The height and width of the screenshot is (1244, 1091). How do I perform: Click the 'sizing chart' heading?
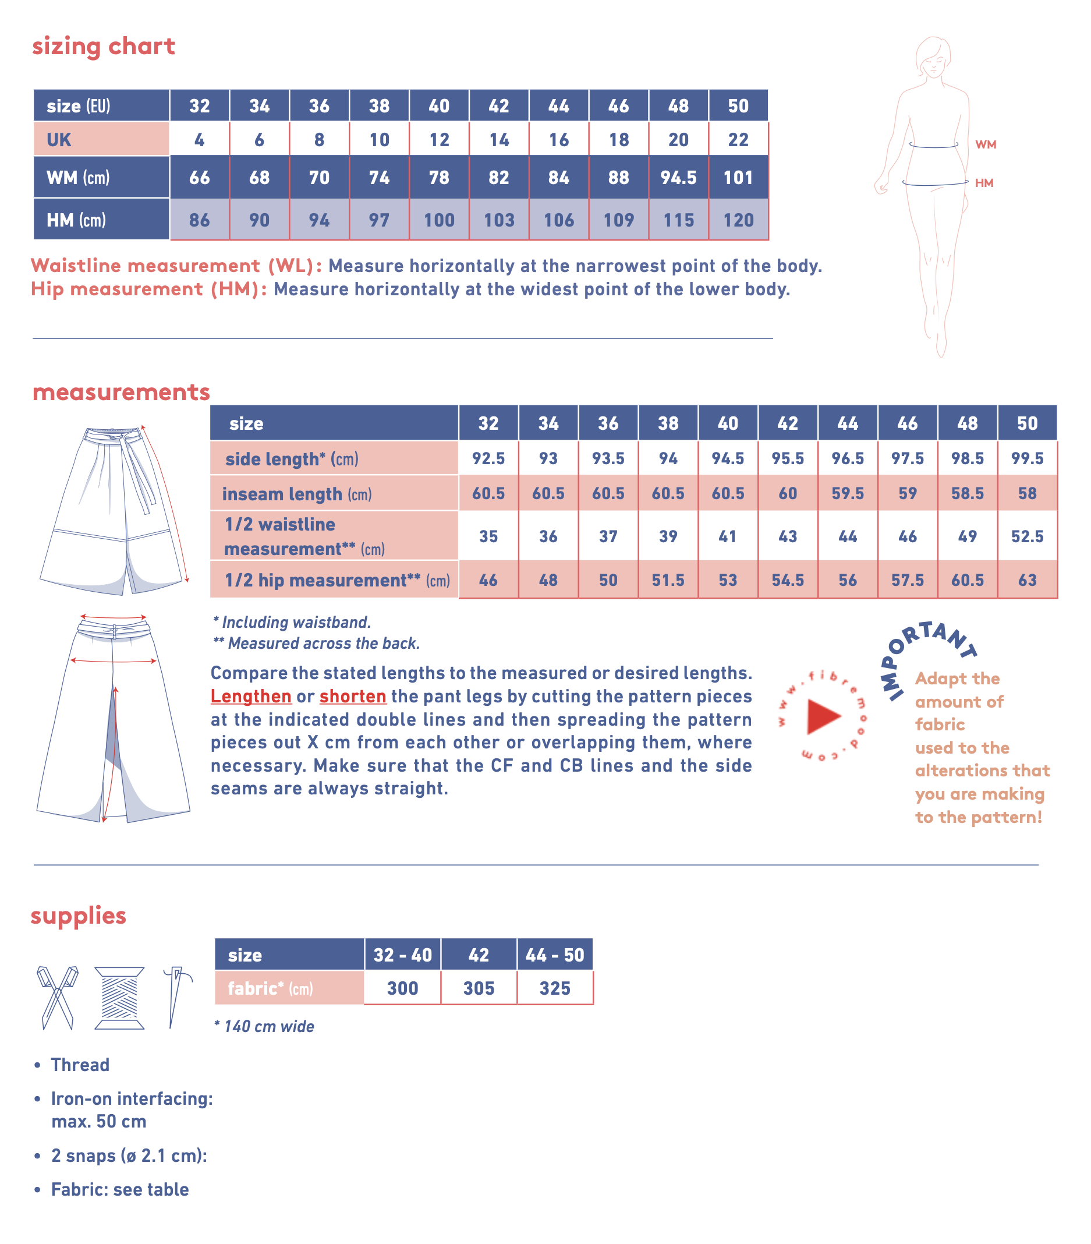(104, 46)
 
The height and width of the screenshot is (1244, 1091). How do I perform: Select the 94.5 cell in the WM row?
(678, 178)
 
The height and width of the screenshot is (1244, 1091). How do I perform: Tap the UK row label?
(59, 140)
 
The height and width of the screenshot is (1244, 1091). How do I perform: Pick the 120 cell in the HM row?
(738, 220)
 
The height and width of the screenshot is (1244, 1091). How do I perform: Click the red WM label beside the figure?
(985, 145)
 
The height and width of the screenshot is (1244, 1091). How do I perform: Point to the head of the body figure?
(933, 57)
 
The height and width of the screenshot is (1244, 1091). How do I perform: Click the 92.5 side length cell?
(488, 458)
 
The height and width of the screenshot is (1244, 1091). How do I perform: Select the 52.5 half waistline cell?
(1026, 536)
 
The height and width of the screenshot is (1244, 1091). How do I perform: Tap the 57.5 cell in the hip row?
(907, 580)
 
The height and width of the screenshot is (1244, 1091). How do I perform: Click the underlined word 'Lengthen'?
(251, 696)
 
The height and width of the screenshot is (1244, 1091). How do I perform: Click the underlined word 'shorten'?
(352, 696)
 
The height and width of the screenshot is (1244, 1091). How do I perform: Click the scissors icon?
(57, 998)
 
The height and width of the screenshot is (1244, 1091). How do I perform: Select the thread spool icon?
(119, 998)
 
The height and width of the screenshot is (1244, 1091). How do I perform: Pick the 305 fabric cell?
(479, 988)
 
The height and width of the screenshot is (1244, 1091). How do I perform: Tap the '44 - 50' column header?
(554, 955)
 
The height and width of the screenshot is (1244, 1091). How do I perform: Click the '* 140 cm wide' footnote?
(264, 1026)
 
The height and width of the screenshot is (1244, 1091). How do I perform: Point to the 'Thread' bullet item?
(80, 1065)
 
